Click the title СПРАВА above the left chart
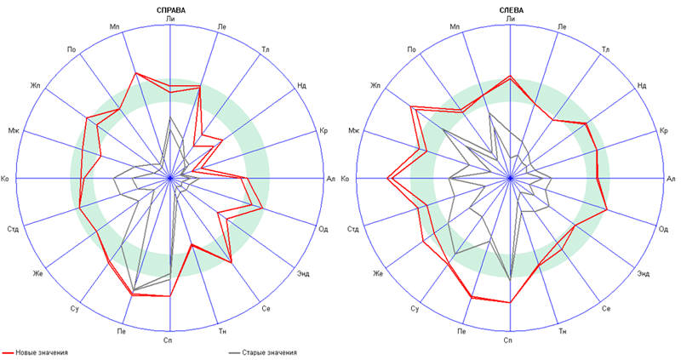171,9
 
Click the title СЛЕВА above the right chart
511,9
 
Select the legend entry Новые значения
48,351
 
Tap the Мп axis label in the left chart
115,28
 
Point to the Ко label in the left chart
7,178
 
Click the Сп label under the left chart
171,340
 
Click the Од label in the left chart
323,229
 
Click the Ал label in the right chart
671,178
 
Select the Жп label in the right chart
375,85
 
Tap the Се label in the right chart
606,308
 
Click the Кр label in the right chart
664,130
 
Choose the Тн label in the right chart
562,329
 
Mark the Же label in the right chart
378,272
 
